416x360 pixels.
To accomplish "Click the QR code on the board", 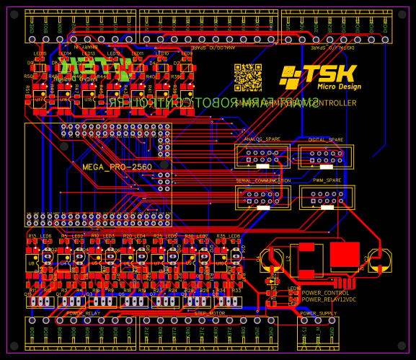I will click(248, 77).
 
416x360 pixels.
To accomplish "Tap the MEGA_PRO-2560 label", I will click(117, 167).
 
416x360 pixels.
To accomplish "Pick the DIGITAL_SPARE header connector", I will click(326, 156).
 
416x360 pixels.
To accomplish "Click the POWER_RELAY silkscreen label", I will click(84, 313).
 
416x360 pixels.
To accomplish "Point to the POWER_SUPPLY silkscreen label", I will click(318, 313).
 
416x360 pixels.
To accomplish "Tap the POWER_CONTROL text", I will click(325, 292).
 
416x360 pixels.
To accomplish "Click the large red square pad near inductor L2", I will click(345, 254).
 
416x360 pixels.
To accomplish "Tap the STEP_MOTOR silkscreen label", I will click(210, 313).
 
